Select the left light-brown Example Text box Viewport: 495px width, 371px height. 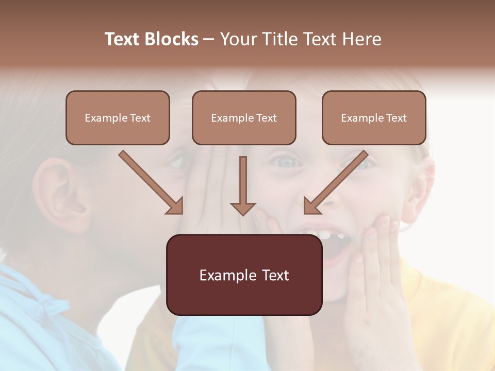click(x=118, y=118)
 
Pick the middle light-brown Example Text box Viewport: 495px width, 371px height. click(x=244, y=118)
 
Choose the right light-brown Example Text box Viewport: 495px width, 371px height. click(x=374, y=118)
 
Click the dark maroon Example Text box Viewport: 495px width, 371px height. click(x=244, y=275)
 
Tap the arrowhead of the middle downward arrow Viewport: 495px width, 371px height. click(x=243, y=208)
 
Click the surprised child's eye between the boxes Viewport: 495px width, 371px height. click(x=287, y=162)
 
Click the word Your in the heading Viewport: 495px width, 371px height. click(x=238, y=39)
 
